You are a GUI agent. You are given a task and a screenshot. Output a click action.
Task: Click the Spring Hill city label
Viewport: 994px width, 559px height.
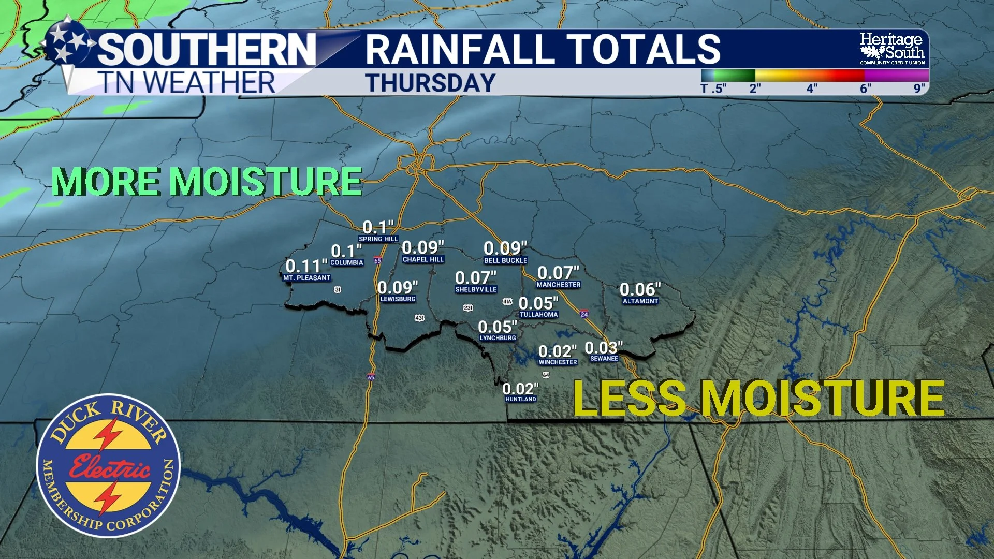pos(378,239)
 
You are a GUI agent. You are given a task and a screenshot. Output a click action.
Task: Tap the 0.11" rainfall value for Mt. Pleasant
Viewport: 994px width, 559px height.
pos(306,266)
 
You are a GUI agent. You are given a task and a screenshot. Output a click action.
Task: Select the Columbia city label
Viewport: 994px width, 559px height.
pos(347,263)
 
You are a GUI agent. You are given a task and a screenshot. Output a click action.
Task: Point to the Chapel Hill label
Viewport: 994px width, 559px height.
pos(423,260)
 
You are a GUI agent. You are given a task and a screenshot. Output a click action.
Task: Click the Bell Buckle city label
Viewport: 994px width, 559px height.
pos(505,261)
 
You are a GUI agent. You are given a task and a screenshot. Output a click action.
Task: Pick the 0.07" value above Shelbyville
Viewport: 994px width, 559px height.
pos(475,278)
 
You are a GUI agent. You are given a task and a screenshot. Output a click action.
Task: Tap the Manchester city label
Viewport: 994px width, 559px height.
pos(559,285)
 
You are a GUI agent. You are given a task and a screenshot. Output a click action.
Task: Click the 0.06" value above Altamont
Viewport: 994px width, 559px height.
pos(640,289)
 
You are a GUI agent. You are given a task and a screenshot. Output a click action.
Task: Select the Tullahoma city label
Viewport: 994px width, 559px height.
pos(538,315)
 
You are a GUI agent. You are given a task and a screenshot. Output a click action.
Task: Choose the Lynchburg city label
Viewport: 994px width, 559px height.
pos(498,338)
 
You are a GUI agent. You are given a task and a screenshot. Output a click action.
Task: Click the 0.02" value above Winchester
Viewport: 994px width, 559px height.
pos(557,351)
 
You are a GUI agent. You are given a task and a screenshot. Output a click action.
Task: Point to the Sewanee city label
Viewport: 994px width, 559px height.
pos(604,359)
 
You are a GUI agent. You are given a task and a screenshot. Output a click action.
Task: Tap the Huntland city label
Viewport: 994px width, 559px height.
pos(521,399)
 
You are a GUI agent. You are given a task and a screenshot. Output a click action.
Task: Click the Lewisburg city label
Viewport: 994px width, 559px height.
pos(398,299)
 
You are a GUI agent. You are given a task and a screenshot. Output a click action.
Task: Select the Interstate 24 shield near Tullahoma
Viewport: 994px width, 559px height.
pos(584,314)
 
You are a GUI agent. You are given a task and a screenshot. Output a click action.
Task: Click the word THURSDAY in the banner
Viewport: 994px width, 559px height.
pos(430,83)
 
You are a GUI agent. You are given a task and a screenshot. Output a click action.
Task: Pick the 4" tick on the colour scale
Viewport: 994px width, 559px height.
pos(812,89)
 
